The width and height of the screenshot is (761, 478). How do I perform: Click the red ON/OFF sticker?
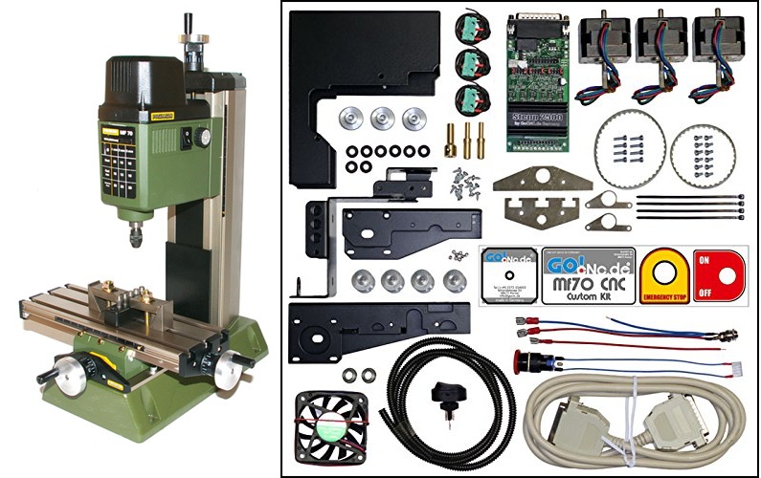(719, 274)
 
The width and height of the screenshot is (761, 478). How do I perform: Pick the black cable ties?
(690, 206)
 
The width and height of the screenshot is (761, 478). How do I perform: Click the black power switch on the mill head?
(185, 138)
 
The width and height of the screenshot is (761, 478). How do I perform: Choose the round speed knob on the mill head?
(201, 137)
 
